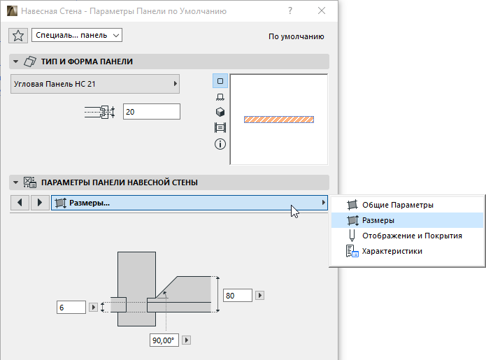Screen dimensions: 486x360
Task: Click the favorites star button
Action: coord(18,36)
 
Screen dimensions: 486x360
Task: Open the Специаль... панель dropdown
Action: coord(77,35)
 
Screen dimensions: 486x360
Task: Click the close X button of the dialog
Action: coord(322,11)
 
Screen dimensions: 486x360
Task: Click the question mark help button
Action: coord(290,11)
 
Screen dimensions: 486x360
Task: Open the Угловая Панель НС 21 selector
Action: coord(95,84)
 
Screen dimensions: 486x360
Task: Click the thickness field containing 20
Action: coord(152,112)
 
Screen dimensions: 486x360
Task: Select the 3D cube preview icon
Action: coord(220,112)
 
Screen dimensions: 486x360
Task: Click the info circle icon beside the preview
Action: coord(220,144)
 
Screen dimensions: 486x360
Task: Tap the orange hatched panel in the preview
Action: coord(279,120)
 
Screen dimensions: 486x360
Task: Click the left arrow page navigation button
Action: coord(20,203)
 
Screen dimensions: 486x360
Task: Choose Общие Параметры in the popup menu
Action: coord(398,205)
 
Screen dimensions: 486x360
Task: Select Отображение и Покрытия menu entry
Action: coord(412,236)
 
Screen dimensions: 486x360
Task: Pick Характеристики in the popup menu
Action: coord(392,251)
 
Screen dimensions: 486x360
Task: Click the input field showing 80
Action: coord(238,295)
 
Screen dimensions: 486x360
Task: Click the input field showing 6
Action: coord(71,308)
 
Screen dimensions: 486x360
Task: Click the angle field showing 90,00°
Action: coord(164,340)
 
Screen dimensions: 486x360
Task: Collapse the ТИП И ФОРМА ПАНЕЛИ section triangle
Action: coord(15,62)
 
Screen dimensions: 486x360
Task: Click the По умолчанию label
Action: coord(296,36)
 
